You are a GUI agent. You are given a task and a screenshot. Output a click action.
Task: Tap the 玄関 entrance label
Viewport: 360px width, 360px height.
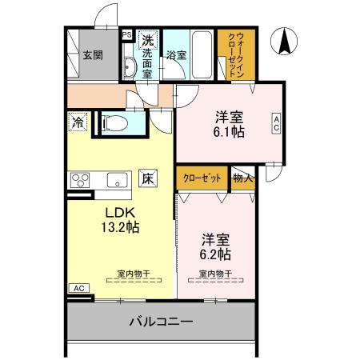click(93, 55)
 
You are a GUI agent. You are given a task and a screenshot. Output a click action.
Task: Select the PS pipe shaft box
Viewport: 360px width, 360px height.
click(126, 35)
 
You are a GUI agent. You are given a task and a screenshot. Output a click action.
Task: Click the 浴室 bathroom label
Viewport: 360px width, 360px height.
click(176, 55)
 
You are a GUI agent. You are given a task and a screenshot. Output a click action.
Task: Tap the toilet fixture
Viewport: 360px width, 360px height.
click(114, 123)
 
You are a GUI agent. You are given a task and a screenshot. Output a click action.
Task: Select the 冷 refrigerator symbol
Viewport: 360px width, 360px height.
click(78, 123)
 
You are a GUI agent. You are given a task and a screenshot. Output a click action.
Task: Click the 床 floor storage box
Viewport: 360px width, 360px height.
click(148, 179)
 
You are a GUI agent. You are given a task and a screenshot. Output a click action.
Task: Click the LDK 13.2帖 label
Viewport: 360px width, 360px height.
click(119, 220)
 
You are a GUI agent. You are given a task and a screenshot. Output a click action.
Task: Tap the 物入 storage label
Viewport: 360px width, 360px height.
click(242, 178)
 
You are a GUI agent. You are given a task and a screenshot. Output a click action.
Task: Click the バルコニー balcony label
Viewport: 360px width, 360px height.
click(160, 323)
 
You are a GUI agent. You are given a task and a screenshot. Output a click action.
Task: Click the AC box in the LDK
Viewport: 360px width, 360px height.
click(78, 288)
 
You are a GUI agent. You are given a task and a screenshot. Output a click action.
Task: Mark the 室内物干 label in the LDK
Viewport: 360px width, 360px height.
click(131, 274)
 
